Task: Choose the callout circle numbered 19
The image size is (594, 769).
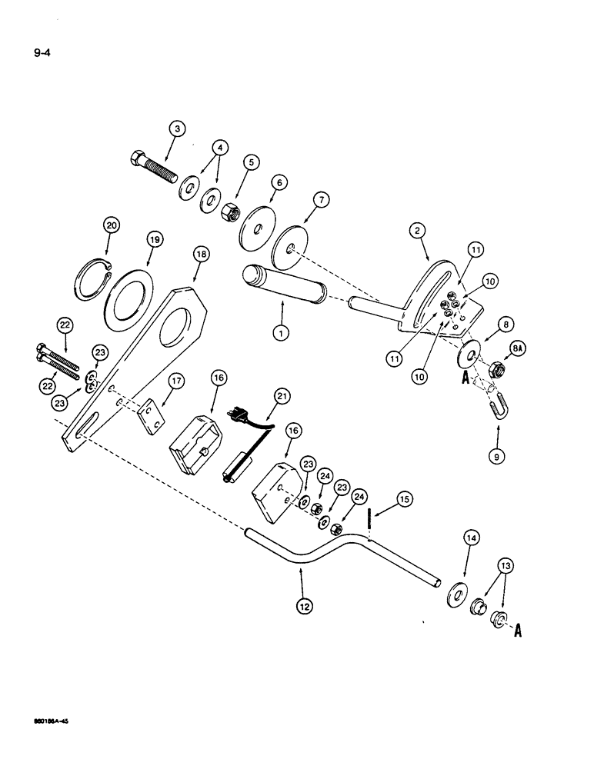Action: coord(155,241)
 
